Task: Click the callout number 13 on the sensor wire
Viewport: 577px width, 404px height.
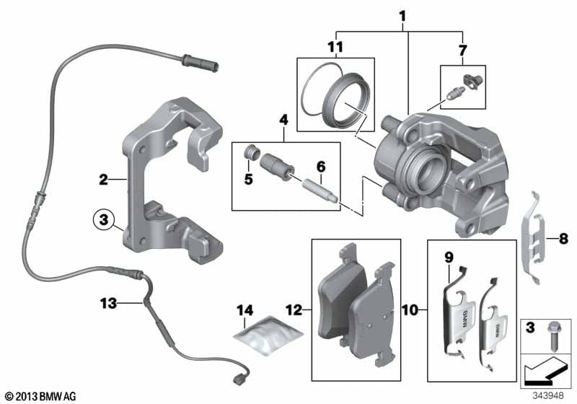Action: pyautogui.click(x=108, y=304)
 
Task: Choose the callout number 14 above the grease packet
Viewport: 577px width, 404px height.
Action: pyautogui.click(x=245, y=310)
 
